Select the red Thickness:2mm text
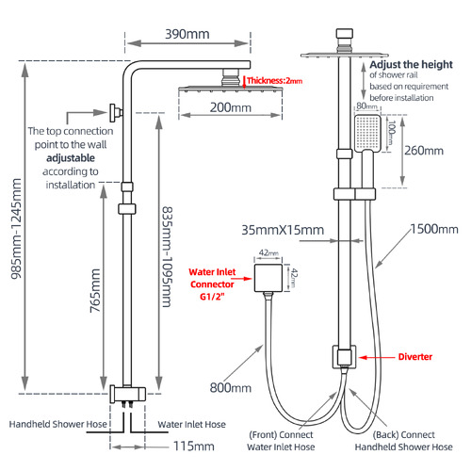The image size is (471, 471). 276,82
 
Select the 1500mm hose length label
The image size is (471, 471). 434,229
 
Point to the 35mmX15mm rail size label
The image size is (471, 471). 282,229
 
